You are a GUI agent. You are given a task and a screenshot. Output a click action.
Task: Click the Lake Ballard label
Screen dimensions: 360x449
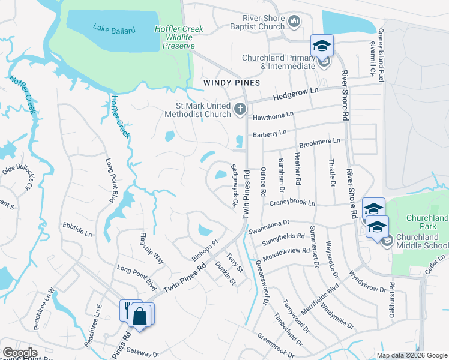click(x=115, y=28)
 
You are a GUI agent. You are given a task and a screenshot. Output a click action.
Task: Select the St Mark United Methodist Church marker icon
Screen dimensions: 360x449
click(x=240, y=109)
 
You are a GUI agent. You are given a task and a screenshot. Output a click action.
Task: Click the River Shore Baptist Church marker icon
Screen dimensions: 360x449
click(x=294, y=23)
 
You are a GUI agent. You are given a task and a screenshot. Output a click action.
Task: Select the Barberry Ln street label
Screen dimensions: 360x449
click(x=270, y=133)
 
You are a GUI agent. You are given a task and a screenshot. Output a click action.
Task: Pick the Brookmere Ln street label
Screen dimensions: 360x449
click(x=319, y=143)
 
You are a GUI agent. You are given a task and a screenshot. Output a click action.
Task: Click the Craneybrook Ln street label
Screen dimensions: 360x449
click(x=292, y=203)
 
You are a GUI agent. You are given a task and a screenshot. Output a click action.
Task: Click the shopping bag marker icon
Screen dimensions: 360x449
click(x=140, y=316)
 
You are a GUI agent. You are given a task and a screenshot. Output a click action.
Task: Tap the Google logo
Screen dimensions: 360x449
click(x=20, y=353)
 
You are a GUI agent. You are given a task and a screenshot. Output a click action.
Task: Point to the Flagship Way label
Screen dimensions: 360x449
click(x=151, y=248)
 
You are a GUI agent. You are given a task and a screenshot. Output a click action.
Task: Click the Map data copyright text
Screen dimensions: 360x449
click(x=411, y=355)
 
